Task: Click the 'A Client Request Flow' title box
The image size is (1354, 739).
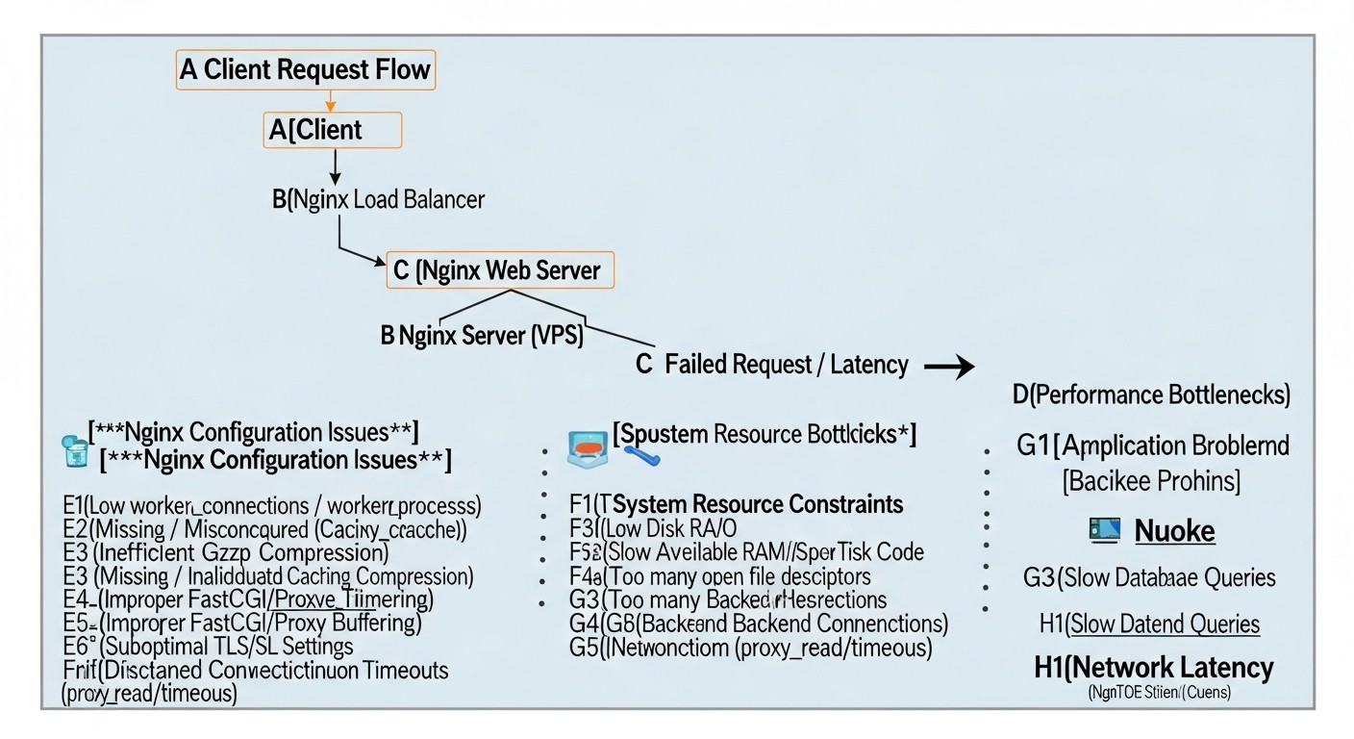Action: [x=306, y=70]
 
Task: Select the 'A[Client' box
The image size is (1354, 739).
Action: [x=332, y=130]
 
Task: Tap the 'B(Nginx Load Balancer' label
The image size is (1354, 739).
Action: [x=379, y=199]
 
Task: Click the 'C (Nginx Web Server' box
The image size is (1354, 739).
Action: [x=499, y=270]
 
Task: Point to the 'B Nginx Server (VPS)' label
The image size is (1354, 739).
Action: [x=481, y=336]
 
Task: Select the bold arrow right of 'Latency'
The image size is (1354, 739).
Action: [x=948, y=367]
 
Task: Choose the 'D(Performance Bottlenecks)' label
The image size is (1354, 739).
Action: [x=1151, y=394]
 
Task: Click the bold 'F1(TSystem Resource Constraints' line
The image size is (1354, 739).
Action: [x=737, y=503]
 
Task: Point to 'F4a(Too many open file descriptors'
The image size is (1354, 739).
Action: [x=720, y=575]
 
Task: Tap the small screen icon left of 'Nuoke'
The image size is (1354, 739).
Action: [x=1105, y=528]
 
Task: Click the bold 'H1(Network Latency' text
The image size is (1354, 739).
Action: [x=1154, y=667]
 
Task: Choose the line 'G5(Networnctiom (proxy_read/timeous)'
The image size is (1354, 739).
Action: [x=751, y=648]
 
